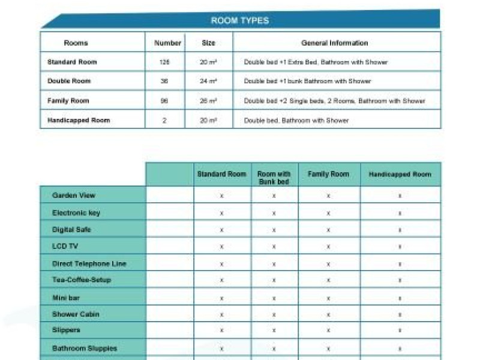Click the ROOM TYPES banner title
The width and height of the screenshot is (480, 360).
pos(239,20)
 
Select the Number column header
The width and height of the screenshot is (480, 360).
pos(167,43)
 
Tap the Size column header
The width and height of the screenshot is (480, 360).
pos(208,43)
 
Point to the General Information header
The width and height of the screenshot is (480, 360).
pos(334,43)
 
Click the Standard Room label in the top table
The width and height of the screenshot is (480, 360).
pos(72,62)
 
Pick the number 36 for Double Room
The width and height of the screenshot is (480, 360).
pos(164,82)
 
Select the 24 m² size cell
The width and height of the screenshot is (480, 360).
pos(208,82)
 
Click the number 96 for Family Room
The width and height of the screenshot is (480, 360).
pos(164,101)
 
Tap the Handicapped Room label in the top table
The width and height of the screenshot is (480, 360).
pos(79,121)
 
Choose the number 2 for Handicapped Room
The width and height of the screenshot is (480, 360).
pos(164,121)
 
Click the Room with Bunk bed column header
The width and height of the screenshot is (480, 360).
pos(274,178)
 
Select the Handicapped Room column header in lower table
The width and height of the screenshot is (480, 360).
pos(400,175)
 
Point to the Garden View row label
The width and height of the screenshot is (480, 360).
pos(74,196)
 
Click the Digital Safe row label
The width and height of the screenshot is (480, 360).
pos(71,230)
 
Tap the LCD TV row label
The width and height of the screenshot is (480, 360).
pos(65,247)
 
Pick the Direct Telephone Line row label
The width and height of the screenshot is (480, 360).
pos(89,264)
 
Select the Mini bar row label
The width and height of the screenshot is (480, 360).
pos(66,298)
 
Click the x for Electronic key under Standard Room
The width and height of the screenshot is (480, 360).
pos(222,213)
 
